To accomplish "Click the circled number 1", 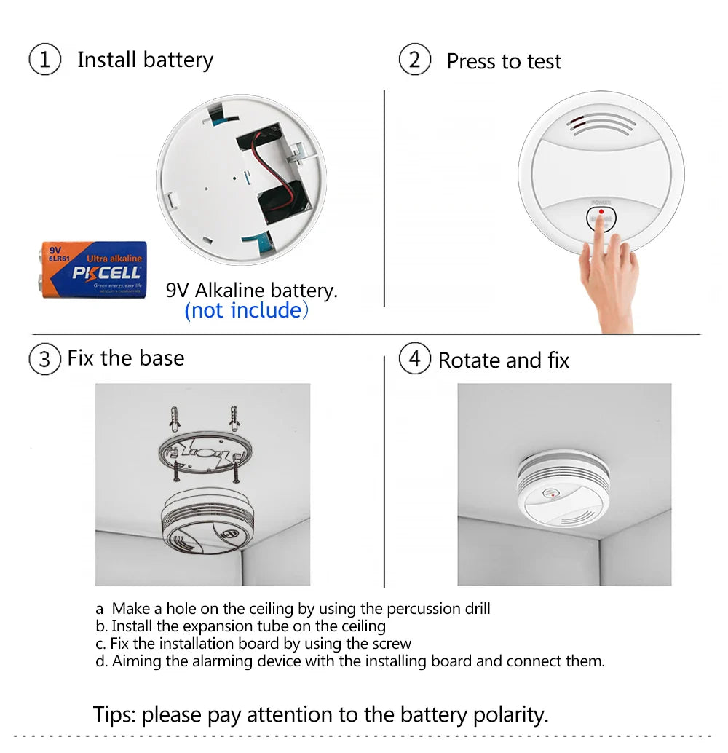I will click(44, 60).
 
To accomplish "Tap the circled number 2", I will click(414, 60).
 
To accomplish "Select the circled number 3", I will click(44, 359).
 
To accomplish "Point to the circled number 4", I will click(414, 359).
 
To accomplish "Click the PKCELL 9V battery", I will click(92, 269).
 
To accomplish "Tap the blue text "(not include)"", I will click(247, 311).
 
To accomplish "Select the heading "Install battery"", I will click(145, 60).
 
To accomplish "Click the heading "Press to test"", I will click(504, 62).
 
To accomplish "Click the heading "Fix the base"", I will click(125, 358).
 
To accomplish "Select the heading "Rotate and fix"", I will click(503, 360).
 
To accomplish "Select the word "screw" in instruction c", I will click(392, 644).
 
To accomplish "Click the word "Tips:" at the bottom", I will click(114, 714).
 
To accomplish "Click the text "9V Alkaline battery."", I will click(252, 291).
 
